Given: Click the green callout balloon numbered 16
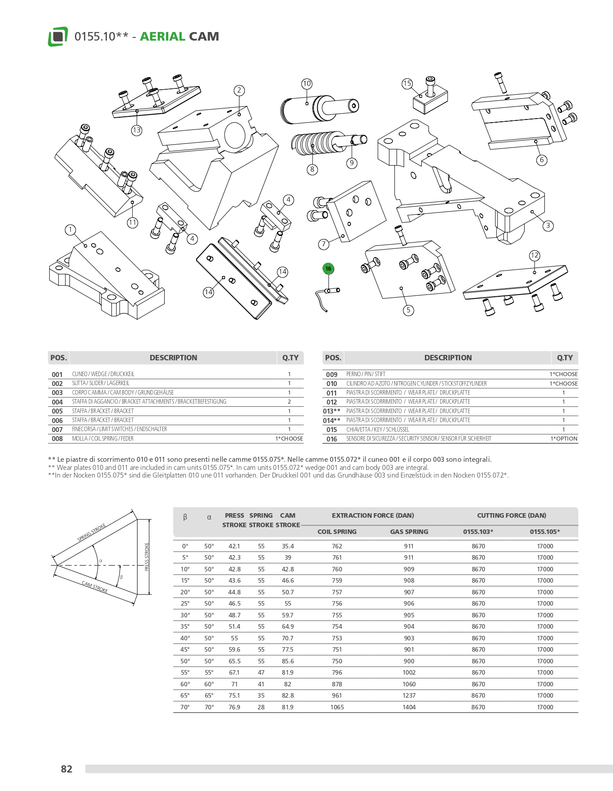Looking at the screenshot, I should (x=328, y=269).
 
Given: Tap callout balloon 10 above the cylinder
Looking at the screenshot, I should (x=307, y=83).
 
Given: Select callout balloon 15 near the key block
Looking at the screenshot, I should (x=407, y=83).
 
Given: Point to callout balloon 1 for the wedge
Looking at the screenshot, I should (x=70, y=230).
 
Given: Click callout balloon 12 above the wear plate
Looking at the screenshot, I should (x=535, y=255).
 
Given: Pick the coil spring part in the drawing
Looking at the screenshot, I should (x=316, y=143).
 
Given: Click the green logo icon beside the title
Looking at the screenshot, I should (x=58, y=37).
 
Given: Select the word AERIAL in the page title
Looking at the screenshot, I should (x=162, y=37).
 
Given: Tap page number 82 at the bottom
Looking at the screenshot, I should (x=66, y=769).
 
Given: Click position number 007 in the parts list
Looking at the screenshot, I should (x=57, y=430).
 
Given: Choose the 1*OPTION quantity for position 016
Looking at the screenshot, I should (x=564, y=439).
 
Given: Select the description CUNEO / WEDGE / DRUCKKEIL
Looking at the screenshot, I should (x=103, y=374).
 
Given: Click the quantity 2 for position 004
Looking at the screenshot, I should (x=289, y=402).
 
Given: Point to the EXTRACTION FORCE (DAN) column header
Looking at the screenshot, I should (x=373, y=515).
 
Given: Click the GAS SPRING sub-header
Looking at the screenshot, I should (x=409, y=532).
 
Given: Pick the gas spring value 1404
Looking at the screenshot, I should (x=409, y=707).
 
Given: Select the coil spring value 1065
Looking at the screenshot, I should (x=337, y=707).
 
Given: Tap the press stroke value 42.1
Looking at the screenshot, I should (x=235, y=546).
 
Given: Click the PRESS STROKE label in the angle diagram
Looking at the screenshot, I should (x=147, y=557).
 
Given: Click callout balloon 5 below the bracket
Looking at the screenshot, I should (x=408, y=310).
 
